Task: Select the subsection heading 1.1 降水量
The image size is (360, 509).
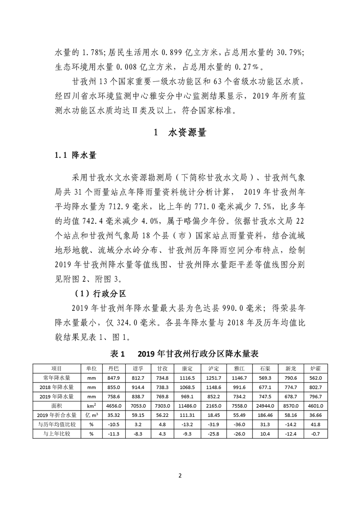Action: coord(75,156)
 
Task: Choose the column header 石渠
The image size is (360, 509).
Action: coord(266,368)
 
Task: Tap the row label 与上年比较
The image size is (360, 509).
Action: coord(56,434)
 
